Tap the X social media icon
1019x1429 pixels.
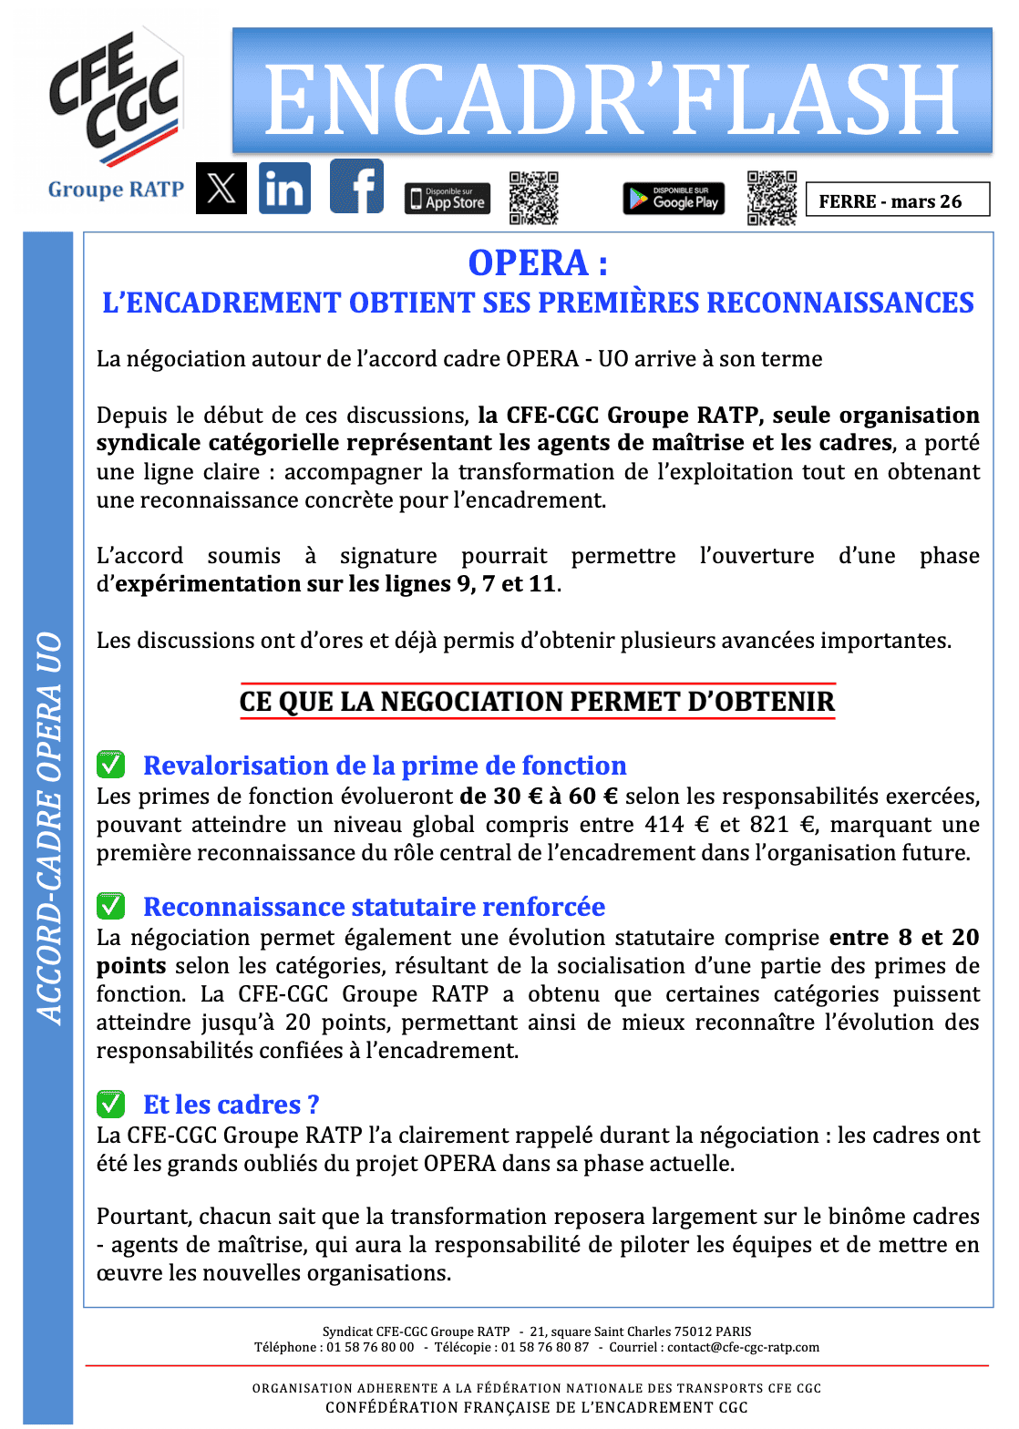click(221, 189)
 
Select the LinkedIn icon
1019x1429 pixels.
click(284, 189)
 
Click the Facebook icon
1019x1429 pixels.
click(356, 187)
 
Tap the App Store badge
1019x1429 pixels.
click(448, 199)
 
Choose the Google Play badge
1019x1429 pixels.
click(674, 199)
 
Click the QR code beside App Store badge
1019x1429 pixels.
click(533, 198)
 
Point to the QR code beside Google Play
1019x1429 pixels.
click(771, 198)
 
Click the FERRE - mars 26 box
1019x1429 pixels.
click(897, 200)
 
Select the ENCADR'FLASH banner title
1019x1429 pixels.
click(612, 99)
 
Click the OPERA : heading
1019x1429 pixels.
click(538, 262)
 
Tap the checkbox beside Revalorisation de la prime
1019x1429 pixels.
click(110, 764)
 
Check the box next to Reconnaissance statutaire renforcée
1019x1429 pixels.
click(110, 905)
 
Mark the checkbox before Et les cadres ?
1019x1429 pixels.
click(110, 1103)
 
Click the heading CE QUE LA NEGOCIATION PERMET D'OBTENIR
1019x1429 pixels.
click(537, 701)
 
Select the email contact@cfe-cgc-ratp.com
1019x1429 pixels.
click(743, 1347)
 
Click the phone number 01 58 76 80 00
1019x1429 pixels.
click(370, 1347)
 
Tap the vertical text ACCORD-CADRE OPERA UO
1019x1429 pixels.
click(49, 828)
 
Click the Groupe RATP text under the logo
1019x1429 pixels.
click(116, 190)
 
